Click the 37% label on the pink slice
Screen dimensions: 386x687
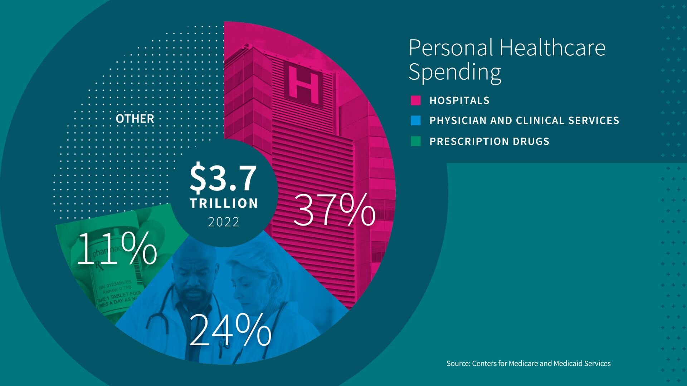pyautogui.click(x=334, y=210)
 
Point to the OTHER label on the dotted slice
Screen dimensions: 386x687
pyautogui.click(x=135, y=119)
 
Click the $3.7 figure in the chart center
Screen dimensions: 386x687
pyautogui.click(x=223, y=178)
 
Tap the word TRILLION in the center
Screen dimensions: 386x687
pyautogui.click(x=224, y=203)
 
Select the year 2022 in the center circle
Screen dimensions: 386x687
pyautogui.click(x=224, y=222)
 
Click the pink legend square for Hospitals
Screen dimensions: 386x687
pyautogui.click(x=416, y=100)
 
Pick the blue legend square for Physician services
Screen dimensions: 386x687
pyautogui.click(x=416, y=120)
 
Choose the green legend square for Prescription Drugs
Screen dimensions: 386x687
pyautogui.click(x=416, y=141)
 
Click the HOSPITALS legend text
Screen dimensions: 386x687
pyautogui.click(x=459, y=100)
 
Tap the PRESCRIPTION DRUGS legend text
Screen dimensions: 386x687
pyautogui.click(x=489, y=141)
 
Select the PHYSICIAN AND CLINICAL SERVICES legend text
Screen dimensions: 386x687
pyautogui.click(x=524, y=120)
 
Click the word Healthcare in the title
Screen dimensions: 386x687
pyautogui.click(x=552, y=48)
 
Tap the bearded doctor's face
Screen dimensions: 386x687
pyautogui.click(x=193, y=282)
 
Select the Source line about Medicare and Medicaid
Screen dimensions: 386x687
pyautogui.click(x=528, y=363)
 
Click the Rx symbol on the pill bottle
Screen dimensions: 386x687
pyautogui.click(x=99, y=266)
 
